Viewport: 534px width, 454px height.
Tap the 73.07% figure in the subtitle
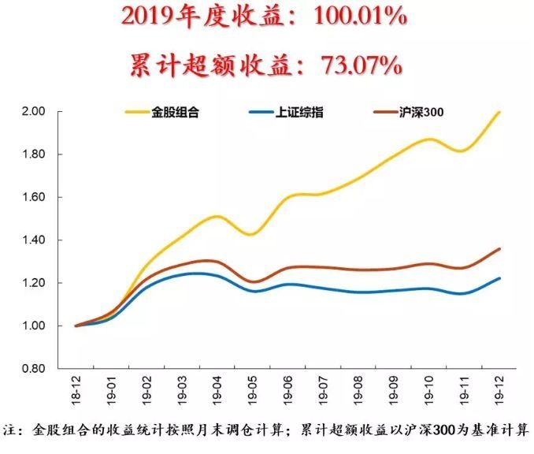point(362,64)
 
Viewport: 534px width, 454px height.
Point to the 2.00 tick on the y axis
point(36,112)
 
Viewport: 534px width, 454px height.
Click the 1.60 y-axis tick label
point(36,197)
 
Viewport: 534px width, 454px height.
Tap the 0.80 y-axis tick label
point(36,368)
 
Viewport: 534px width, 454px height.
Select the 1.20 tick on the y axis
point(36,283)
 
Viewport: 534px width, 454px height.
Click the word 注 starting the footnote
point(9,431)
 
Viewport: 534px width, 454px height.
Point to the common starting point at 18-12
point(76,326)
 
